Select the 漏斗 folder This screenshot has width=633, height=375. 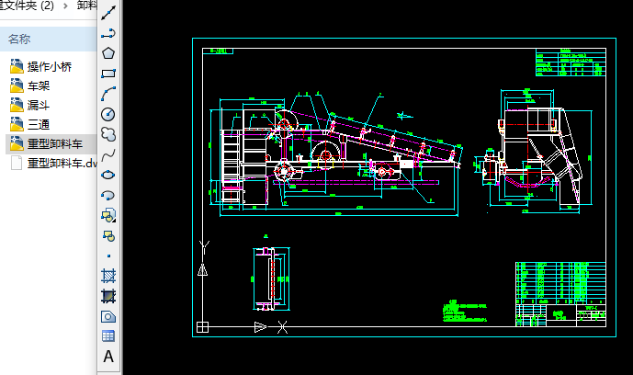[x=40, y=105]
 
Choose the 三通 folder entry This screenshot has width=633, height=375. [x=40, y=124]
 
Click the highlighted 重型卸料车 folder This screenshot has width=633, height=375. [x=54, y=143]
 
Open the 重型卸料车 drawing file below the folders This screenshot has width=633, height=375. [x=61, y=164]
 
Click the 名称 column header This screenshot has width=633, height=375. [x=19, y=39]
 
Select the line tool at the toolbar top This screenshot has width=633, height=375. [x=108, y=13]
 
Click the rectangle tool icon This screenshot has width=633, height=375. [x=108, y=74]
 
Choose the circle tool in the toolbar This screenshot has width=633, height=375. [x=108, y=114]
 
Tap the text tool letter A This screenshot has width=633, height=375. [x=108, y=357]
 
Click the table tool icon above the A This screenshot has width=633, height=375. [x=108, y=336]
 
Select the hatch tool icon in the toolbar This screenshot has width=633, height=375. [x=108, y=276]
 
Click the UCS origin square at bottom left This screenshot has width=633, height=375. [x=202, y=326]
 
